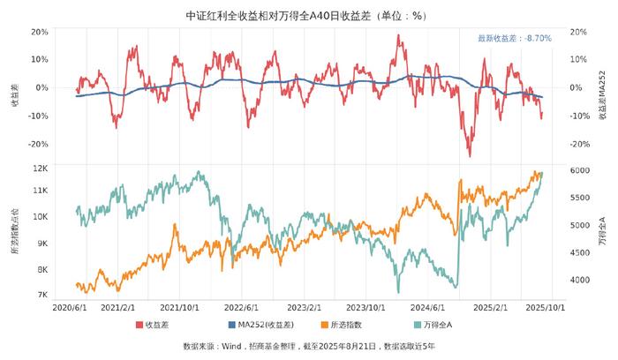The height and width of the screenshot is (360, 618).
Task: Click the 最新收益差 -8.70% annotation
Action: (514, 39)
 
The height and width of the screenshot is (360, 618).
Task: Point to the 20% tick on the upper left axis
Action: (40, 32)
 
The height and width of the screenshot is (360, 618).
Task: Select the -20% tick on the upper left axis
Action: (38, 144)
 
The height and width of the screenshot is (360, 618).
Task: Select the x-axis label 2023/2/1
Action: (306, 309)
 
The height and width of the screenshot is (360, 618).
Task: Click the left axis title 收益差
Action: (15, 96)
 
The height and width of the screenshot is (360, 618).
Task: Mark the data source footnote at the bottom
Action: (309, 346)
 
